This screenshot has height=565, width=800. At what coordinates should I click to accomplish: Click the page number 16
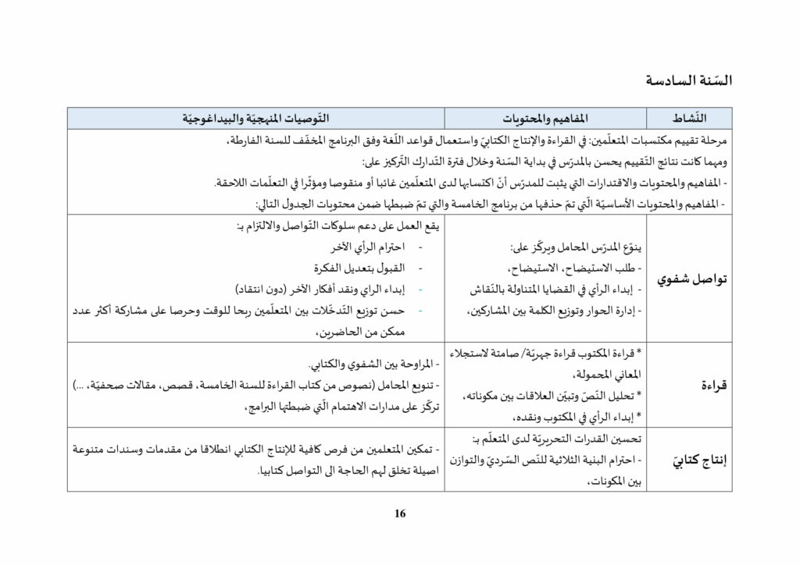coord(400,513)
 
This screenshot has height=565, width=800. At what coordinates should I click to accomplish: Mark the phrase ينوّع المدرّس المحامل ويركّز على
coord(577,247)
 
